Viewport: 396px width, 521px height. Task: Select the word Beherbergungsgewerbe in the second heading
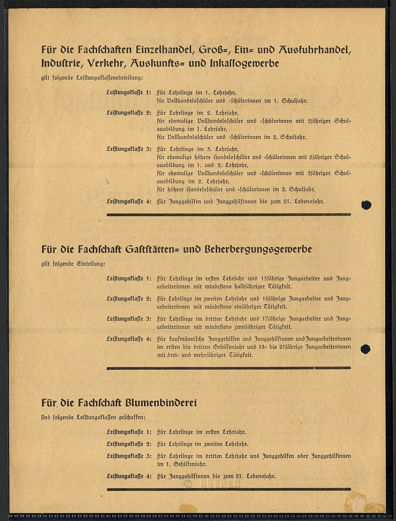[x=258, y=249]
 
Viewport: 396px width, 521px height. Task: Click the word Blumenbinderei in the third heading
[x=161, y=403]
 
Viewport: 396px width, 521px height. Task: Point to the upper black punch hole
[x=366, y=205]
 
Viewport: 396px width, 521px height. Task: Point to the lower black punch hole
[x=365, y=349]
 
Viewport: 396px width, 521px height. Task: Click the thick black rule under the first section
[x=229, y=214]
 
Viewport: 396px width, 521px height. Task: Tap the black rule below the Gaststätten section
[x=229, y=368]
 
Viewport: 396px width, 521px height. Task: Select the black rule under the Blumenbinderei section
[x=229, y=489]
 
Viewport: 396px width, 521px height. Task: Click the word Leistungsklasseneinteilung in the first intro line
[x=109, y=78]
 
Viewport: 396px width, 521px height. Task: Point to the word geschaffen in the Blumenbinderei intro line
[x=132, y=418]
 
